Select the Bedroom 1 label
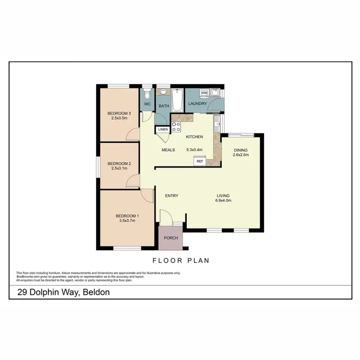(x=127, y=216)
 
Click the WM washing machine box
(x=204, y=92)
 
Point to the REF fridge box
(x=200, y=161)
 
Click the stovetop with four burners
(x=176, y=127)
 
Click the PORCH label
(x=171, y=238)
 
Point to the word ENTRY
(x=171, y=195)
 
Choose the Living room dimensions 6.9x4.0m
(x=223, y=201)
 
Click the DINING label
(x=240, y=150)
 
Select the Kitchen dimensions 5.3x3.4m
(x=194, y=150)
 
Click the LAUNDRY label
(x=198, y=104)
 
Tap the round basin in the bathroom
(x=163, y=91)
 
